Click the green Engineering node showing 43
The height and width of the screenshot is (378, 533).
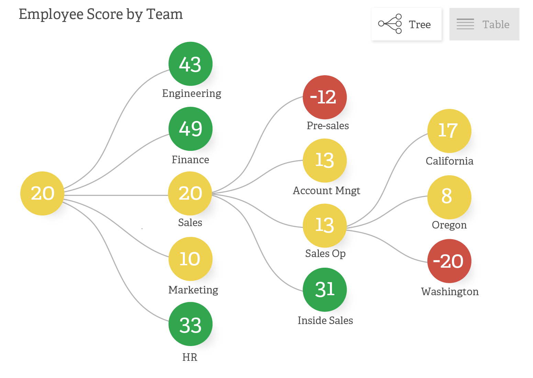point(190,64)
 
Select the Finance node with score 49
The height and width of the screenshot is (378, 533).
point(190,129)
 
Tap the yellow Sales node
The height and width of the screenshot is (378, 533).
point(190,193)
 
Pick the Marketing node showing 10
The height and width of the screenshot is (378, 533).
point(190,259)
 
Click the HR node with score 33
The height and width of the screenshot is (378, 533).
point(190,324)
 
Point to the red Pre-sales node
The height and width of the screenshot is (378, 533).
point(324,97)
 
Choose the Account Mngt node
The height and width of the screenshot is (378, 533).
point(324,160)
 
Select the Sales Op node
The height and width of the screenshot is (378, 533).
point(324,225)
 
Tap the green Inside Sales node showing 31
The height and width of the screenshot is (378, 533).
point(324,290)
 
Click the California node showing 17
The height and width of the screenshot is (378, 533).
point(449,131)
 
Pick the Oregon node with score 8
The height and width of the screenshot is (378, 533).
point(449,197)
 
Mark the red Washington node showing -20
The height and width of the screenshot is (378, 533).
point(449,261)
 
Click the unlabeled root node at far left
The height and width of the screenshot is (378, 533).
point(42,193)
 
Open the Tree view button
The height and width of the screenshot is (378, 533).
point(406,24)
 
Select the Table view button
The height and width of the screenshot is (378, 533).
point(484,24)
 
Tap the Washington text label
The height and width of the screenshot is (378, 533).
point(449,292)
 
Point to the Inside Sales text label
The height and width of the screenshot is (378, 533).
point(325,321)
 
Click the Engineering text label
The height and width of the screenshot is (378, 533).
point(191,93)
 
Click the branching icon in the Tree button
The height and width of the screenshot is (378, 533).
point(390,24)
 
